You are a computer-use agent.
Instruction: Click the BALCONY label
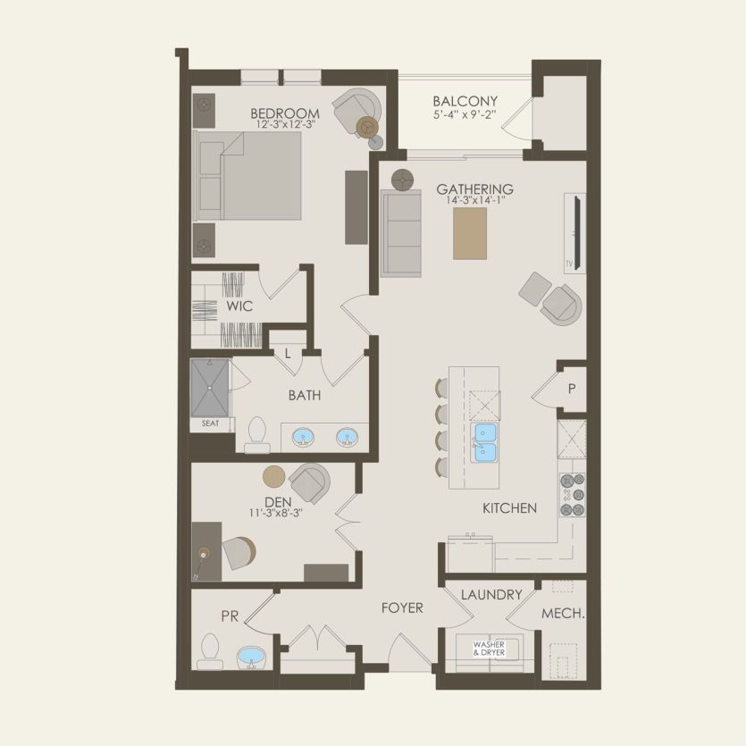tap(465, 101)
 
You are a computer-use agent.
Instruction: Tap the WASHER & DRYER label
tap(489, 649)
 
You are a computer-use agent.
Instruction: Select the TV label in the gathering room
tap(569, 264)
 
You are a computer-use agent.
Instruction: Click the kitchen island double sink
tap(484, 442)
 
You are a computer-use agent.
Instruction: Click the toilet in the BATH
tap(257, 435)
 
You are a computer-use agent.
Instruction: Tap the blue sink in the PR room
tap(251, 657)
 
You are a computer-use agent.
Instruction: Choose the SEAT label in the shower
tap(210, 423)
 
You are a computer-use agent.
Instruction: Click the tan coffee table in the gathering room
tap(470, 233)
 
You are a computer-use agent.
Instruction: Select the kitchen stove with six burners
tap(573, 495)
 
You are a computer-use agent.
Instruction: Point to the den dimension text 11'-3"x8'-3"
tap(276, 513)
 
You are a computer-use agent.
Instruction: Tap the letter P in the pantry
tap(572, 389)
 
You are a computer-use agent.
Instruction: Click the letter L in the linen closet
tap(288, 354)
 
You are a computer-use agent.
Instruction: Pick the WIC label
tap(239, 306)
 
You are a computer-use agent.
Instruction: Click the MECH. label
tap(563, 614)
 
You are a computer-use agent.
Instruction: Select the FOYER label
tap(402, 608)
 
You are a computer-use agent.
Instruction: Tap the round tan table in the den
tap(274, 476)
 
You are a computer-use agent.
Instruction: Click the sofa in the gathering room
tap(400, 233)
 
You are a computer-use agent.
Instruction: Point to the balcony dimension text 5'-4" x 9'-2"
tap(465, 114)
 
